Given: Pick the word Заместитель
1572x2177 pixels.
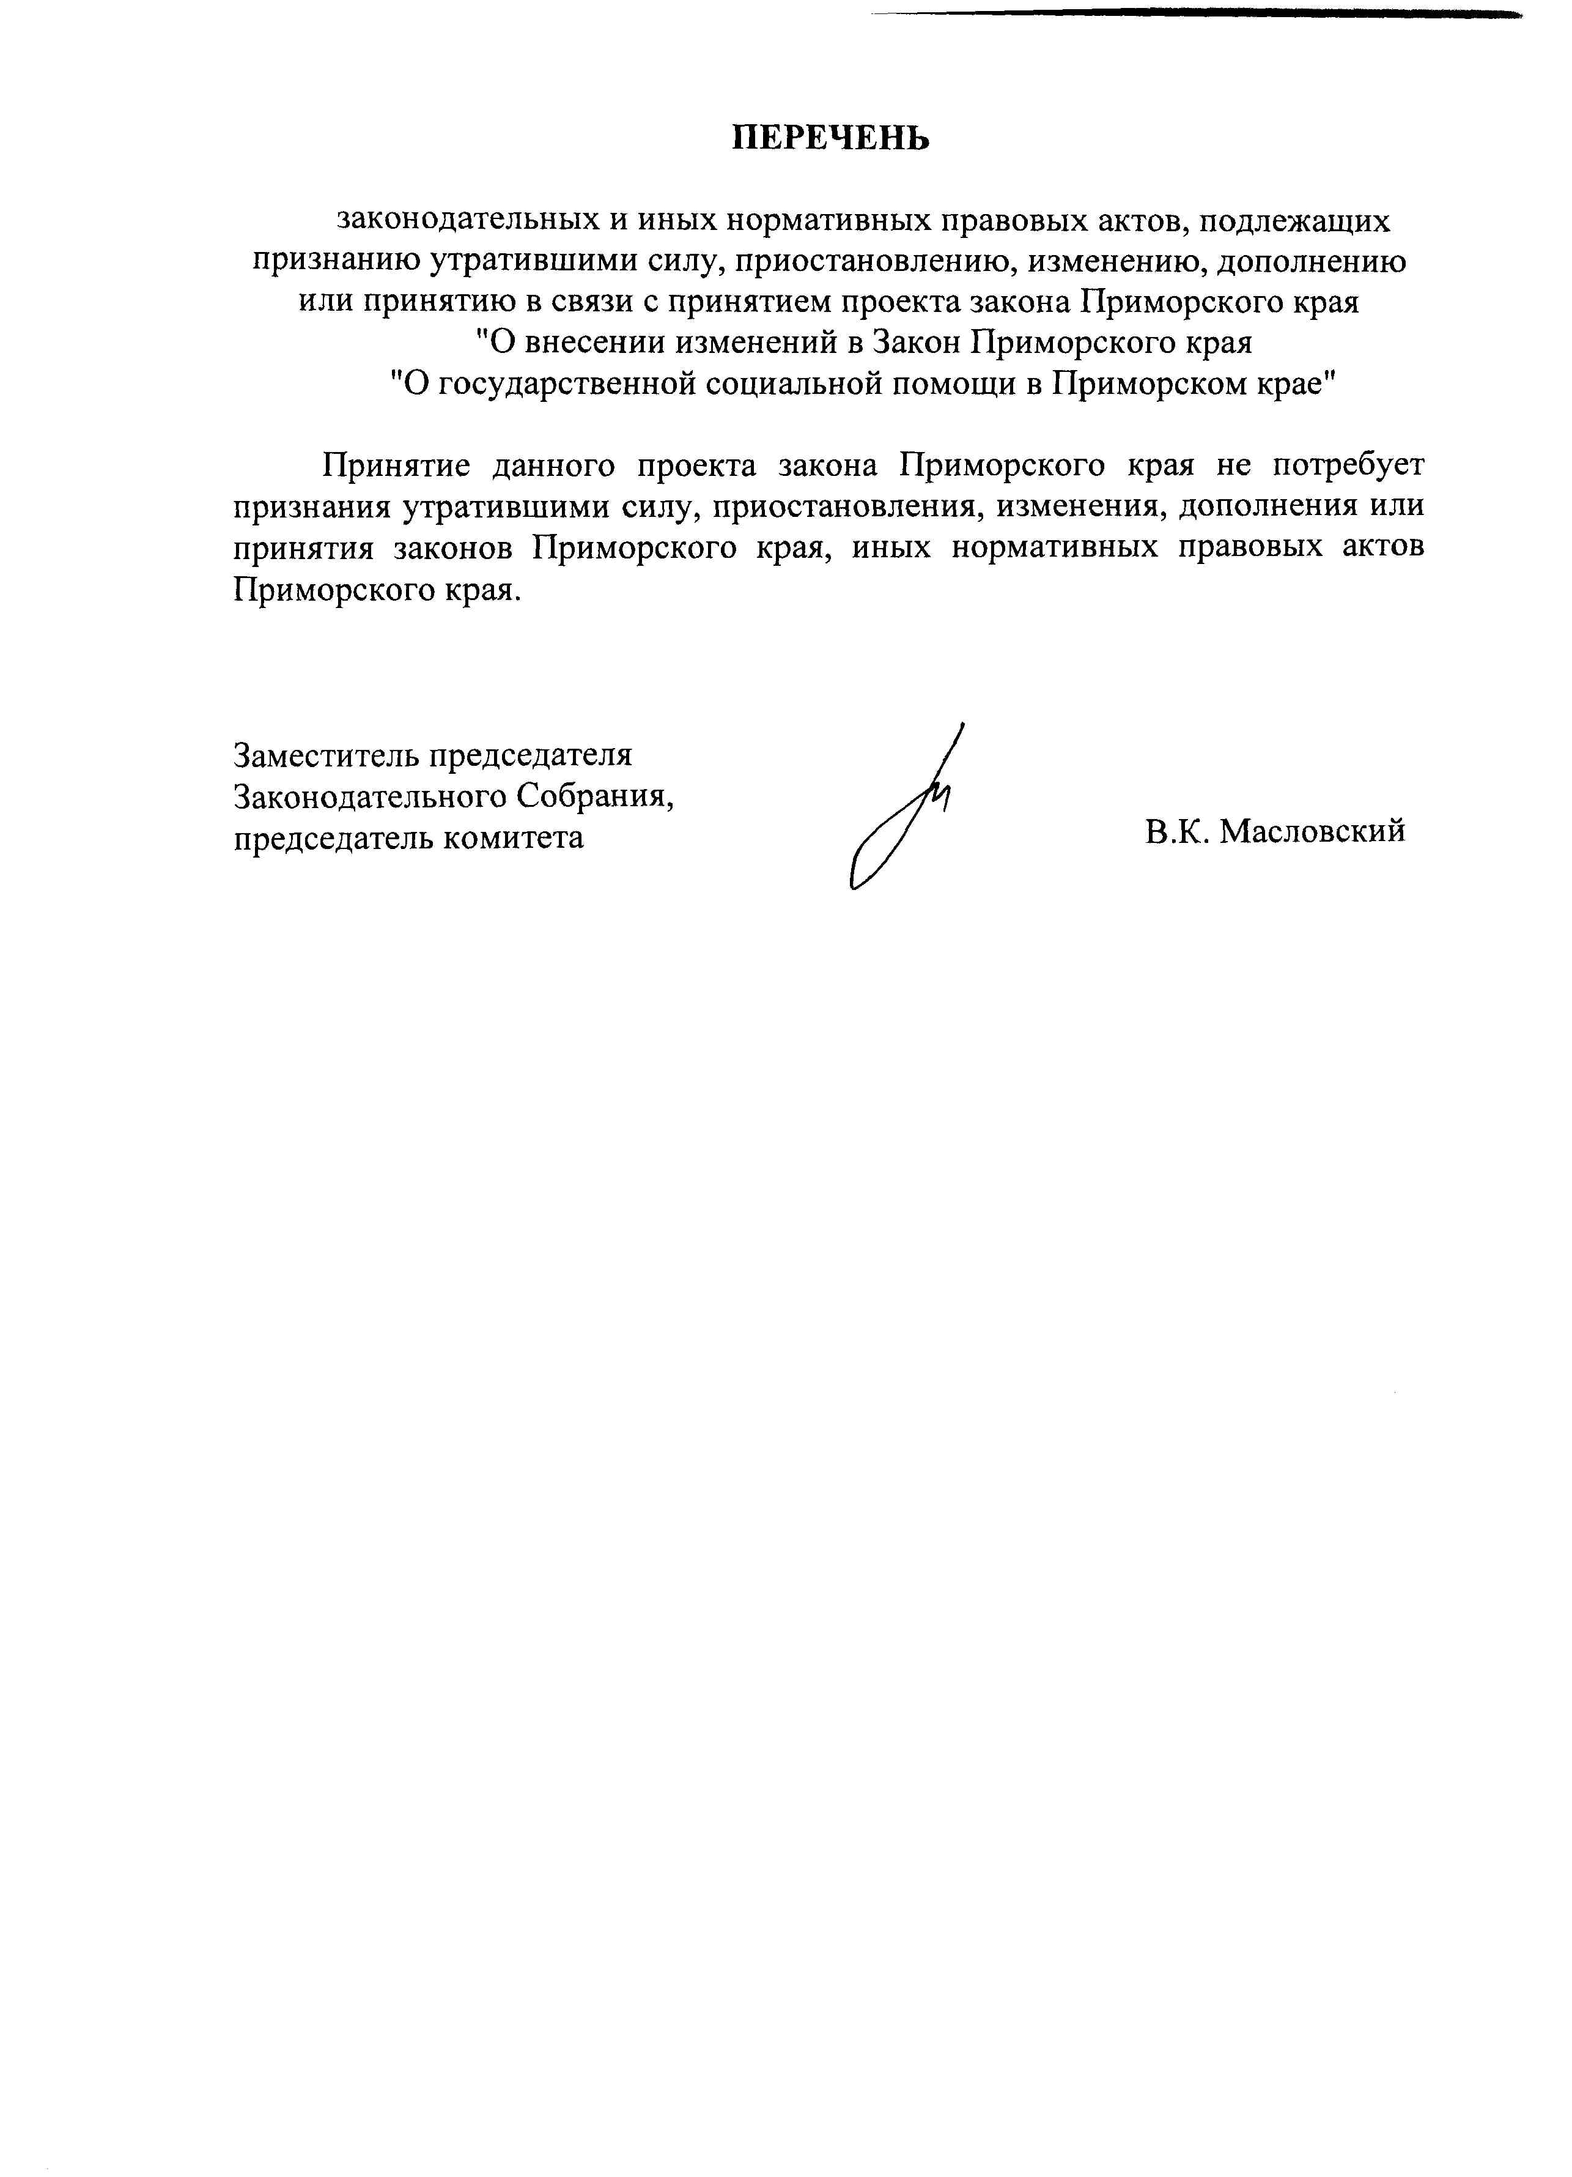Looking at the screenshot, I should click(x=325, y=755).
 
